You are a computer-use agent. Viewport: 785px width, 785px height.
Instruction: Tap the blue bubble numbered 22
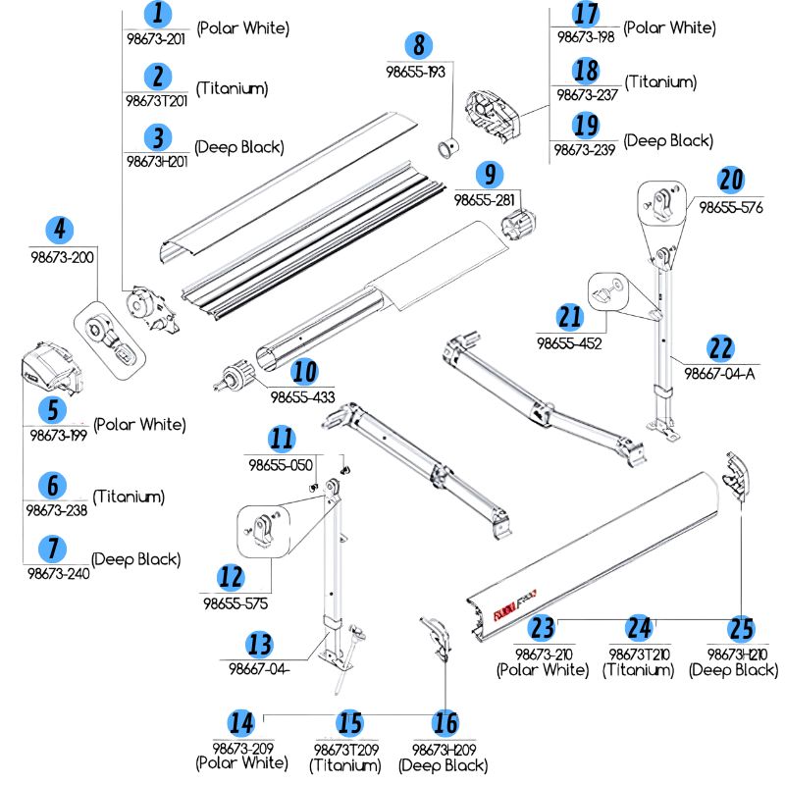click(x=720, y=347)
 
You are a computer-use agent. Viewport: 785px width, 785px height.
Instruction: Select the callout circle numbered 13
click(x=259, y=644)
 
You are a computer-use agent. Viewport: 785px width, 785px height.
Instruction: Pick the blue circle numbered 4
click(x=61, y=231)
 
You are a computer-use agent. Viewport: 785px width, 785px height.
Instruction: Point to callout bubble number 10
click(x=304, y=372)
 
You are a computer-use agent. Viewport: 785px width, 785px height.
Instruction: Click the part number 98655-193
click(x=415, y=72)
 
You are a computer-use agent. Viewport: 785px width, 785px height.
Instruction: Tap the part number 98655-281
click(x=485, y=200)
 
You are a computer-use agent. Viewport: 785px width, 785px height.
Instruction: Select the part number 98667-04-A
click(x=721, y=374)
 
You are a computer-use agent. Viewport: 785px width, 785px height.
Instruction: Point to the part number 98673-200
click(x=61, y=257)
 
